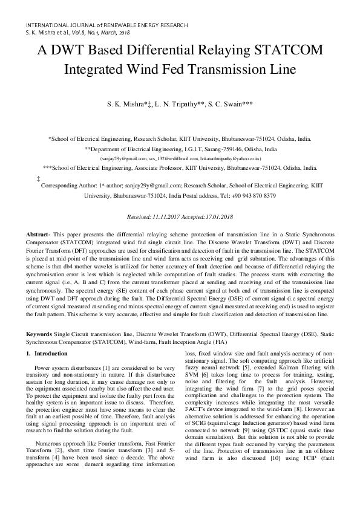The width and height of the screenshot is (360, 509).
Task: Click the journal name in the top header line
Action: pyautogui.click(x=107, y=25)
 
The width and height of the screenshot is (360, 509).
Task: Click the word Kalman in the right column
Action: pyautogui.click(x=273, y=375)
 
